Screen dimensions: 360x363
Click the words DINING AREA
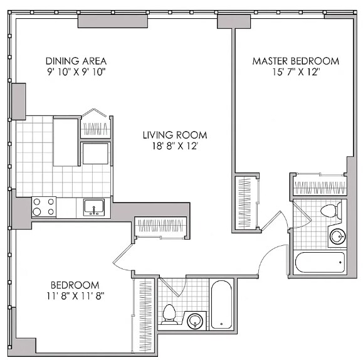coord(76,61)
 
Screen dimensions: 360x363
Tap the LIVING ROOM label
coord(174,135)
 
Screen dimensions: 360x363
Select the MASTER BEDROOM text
coord(295,61)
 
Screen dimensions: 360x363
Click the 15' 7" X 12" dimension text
coord(295,72)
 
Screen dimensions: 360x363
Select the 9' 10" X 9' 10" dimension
coord(76,72)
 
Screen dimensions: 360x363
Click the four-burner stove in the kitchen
coord(43,206)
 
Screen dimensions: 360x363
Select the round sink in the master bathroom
coord(337,236)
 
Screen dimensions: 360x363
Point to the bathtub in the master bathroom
coord(320,262)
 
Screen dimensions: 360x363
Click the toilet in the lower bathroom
coord(169,313)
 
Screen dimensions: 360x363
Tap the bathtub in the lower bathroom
coord(222,305)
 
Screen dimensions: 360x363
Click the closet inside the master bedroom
coord(320,186)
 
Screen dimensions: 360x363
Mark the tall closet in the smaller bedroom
coord(145,314)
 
